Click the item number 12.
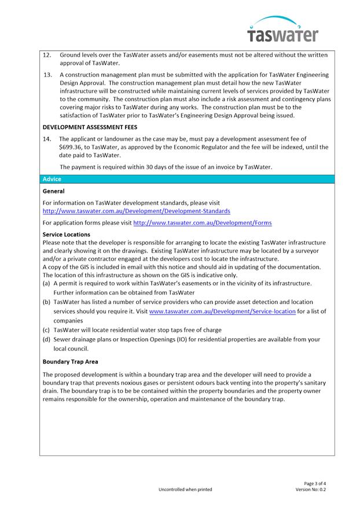(47, 55)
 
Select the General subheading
(54, 191)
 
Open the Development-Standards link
(136, 211)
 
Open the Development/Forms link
(202, 223)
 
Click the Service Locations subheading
(66, 235)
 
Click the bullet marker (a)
(46, 284)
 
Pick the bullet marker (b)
(46, 302)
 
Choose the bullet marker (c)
(46, 330)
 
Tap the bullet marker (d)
(46, 339)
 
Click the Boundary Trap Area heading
(70, 362)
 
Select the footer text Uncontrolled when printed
(185, 490)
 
